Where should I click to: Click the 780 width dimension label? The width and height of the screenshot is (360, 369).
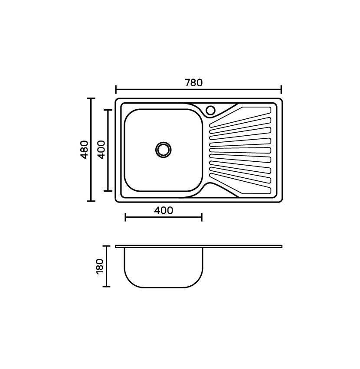pyautogui.click(x=193, y=83)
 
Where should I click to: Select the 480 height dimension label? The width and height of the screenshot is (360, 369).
pyautogui.click(x=84, y=150)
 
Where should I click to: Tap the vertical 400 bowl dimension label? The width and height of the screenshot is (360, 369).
pyautogui.click(x=101, y=150)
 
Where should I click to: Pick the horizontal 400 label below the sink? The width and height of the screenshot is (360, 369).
pyautogui.click(x=164, y=210)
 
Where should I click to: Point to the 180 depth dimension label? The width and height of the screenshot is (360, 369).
pyautogui.click(x=100, y=266)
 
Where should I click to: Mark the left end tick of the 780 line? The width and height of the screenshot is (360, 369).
pyautogui.click(x=116, y=90)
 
